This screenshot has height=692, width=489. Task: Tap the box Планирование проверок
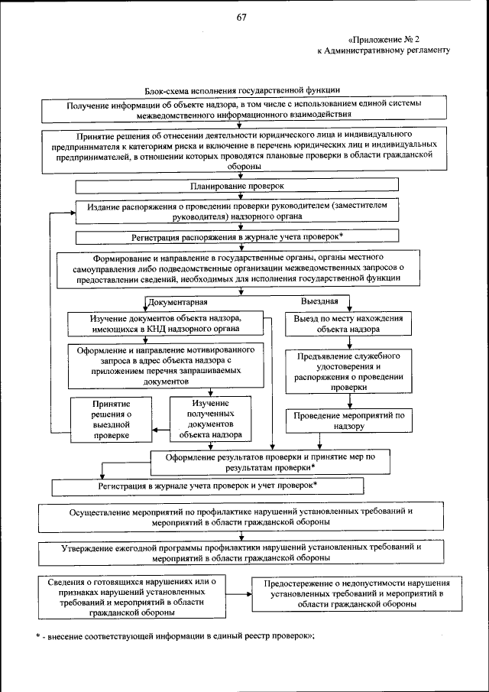point(237,185)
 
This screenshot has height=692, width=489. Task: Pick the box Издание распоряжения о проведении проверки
point(237,211)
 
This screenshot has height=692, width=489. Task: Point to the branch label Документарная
point(177,303)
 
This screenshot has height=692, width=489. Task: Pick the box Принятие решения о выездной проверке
point(111,419)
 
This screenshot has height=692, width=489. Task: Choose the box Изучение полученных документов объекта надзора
point(211,419)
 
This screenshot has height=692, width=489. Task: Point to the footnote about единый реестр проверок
point(176,636)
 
